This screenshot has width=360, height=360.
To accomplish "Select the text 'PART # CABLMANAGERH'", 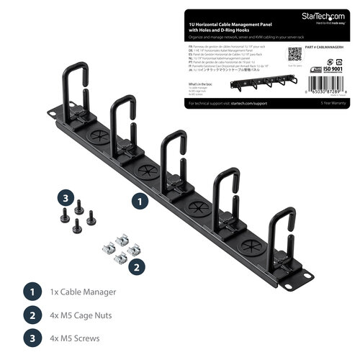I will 320,49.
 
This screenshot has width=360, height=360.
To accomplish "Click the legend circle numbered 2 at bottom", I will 31,315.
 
